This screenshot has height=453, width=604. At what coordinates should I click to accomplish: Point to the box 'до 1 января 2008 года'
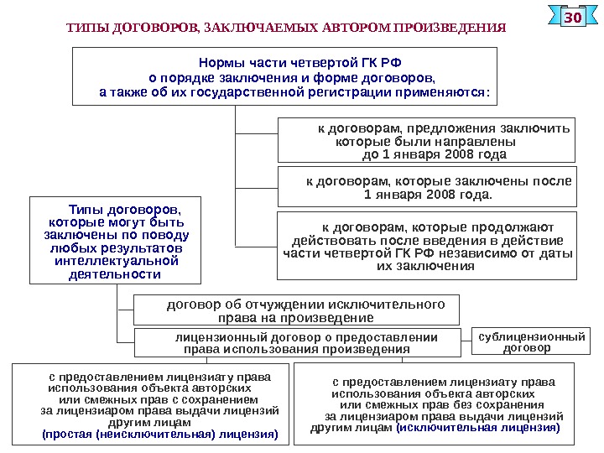(427, 140)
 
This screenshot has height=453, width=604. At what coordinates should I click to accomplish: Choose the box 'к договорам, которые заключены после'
(427, 186)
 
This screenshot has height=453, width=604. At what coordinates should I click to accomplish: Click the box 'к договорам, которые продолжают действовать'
(427, 245)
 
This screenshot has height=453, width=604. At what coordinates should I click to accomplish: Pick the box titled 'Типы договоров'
(114, 240)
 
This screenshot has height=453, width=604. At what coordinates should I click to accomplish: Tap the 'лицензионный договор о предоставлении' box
(299, 343)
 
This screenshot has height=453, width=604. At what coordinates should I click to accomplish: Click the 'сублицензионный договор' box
(531, 341)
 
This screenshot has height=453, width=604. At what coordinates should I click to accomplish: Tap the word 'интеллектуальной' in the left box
(114, 262)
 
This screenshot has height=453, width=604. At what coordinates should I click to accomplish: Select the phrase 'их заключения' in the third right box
(425, 266)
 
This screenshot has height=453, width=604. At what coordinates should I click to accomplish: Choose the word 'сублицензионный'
(531, 336)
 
